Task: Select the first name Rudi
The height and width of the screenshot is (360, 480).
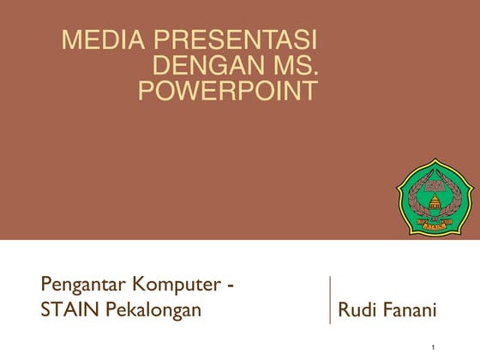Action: pos(357,309)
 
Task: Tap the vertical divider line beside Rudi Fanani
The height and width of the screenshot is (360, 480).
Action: pos(330,300)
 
